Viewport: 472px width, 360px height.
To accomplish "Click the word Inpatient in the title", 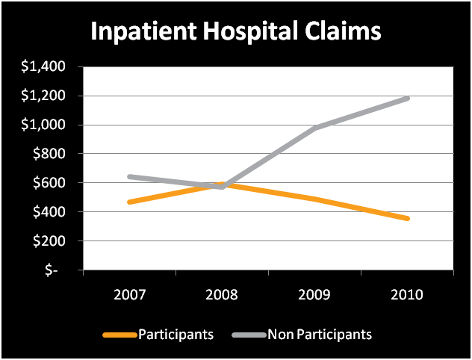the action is (x=143, y=31).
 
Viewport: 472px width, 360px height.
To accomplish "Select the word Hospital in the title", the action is (x=250, y=31).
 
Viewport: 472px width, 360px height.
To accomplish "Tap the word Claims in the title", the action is (x=343, y=31).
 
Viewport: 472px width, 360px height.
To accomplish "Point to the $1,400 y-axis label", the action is (x=43, y=66).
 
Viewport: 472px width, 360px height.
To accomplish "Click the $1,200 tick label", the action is (x=43, y=96).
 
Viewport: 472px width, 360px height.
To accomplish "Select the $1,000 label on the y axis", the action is (x=43, y=125).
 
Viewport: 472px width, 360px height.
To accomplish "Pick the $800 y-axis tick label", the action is (x=49, y=154).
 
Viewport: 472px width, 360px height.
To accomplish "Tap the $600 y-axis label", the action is (x=49, y=183).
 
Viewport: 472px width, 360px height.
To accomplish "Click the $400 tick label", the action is (x=49, y=212).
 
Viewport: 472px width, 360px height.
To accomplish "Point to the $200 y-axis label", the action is (x=49, y=240).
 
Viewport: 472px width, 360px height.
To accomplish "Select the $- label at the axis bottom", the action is (x=52, y=270).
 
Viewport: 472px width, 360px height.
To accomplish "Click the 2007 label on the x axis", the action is (x=129, y=295).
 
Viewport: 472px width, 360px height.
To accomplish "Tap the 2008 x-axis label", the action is (x=222, y=295).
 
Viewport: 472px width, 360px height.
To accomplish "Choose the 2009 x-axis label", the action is (x=314, y=295).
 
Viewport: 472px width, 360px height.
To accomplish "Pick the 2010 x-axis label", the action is (x=407, y=295).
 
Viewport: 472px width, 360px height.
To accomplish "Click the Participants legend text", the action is (x=176, y=335).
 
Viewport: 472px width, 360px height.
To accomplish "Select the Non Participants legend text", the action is (x=320, y=335).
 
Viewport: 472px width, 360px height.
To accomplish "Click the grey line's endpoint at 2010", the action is (x=407, y=99).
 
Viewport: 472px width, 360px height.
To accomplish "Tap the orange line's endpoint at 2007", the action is (x=130, y=202).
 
